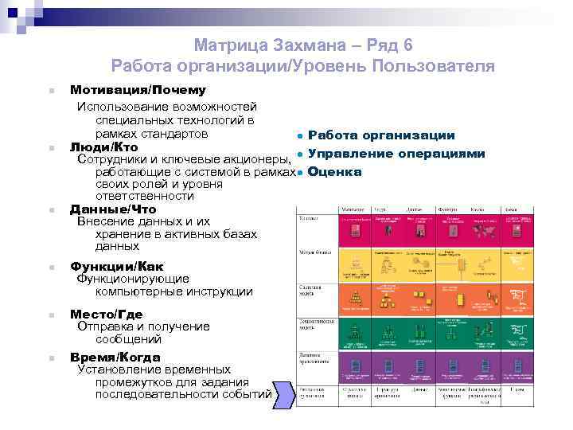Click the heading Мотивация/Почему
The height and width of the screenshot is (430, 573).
(138, 91)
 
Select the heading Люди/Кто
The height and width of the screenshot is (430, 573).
(104, 147)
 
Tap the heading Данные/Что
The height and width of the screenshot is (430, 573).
(113, 209)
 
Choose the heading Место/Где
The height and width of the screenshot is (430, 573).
(107, 314)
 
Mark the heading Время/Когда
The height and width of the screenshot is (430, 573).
(115, 358)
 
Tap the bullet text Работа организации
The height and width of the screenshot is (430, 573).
(381, 136)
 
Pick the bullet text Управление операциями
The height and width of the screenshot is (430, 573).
(396, 154)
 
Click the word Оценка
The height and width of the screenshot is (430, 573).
(335, 172)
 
